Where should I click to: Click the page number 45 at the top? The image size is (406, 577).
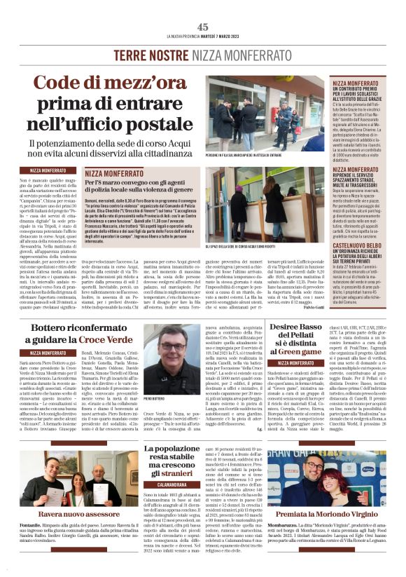coord(203,27)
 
